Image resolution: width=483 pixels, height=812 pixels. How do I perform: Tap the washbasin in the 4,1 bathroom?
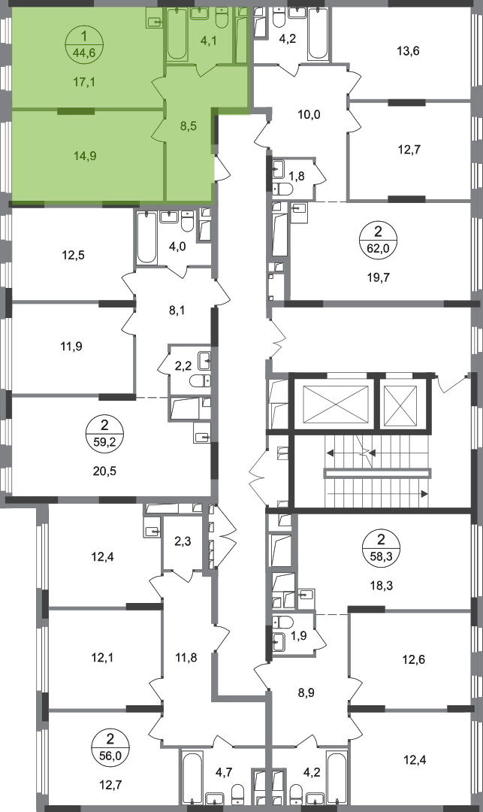pyautogui.click(x=200, y=14)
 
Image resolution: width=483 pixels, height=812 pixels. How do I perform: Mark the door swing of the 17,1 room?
pyautogui.click(x=158, y=87)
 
